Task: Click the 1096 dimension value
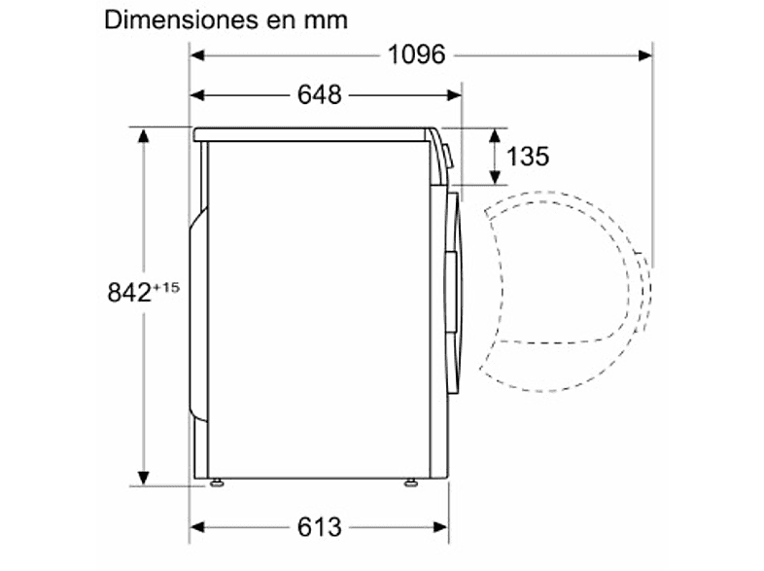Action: click(416, 54)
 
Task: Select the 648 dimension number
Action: click(320, 94)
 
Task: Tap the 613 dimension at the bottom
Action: click(320, 527)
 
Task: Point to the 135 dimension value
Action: click(528, 156)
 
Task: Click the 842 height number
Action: click(129, 293)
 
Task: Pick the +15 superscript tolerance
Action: click(166, 287)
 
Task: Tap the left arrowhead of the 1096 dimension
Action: click(197, 55)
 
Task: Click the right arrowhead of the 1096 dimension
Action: click(645, 55)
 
